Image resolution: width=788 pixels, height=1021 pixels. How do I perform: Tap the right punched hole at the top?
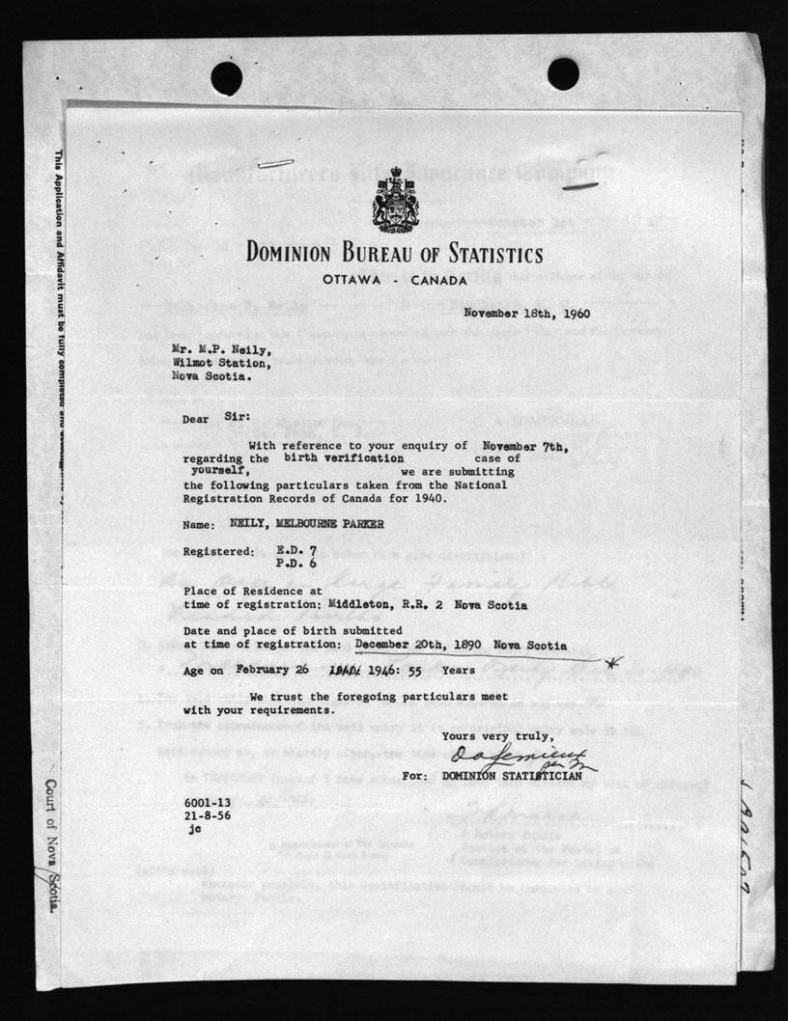[x=563, y=73]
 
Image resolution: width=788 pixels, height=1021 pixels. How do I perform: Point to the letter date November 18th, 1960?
[x=526, y=313]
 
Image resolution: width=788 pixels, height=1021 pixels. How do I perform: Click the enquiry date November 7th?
[x=523, y=446]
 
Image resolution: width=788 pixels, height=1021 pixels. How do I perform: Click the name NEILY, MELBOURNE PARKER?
[x=305, y=526]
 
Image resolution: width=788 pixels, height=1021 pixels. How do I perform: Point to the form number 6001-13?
[x=208, y=804]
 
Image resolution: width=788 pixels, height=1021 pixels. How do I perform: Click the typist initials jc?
[x=196, y=827]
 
